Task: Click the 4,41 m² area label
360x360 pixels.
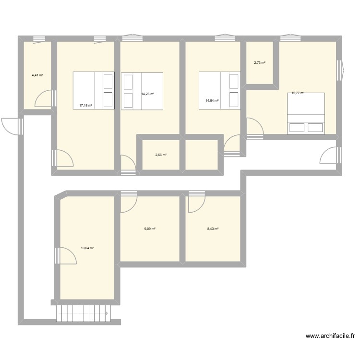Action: coord(37,75)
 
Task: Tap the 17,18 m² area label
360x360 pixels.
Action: coord(86,105)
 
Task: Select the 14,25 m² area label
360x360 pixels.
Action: coord(148,94)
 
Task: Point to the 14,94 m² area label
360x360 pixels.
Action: coord(212,101)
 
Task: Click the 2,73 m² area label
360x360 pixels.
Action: coord(260,63)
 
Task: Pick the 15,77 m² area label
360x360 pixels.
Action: coord(298,93)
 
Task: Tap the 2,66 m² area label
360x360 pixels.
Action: coord(161,155)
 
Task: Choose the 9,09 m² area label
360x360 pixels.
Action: coord(150,229)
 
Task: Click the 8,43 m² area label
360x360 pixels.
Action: coord(213,229)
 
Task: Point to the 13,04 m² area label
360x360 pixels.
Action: coord(87,248)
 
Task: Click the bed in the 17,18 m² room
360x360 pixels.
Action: coord(94,91)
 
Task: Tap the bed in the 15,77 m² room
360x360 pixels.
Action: coord(306,113)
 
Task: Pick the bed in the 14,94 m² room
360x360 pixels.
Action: coord(219,91)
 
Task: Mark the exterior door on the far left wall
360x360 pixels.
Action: coord(12,126)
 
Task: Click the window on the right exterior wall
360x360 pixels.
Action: coord(340,70)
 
